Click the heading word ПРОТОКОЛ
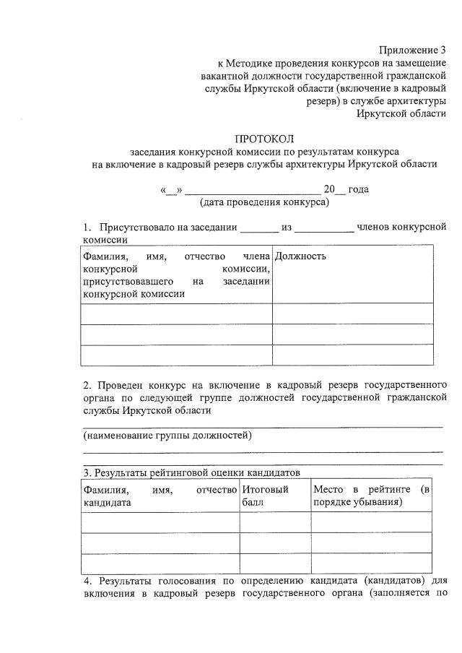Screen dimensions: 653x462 [264, 139]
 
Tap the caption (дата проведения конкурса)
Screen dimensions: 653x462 [264, 202]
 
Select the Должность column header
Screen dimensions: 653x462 [301, 256]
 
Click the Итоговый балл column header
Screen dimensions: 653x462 [266, 496]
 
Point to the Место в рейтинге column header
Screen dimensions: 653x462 [372, 496]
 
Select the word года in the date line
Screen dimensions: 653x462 [358, 189]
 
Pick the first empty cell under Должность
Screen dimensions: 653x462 [352, 313]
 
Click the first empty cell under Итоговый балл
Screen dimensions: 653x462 [275, 522]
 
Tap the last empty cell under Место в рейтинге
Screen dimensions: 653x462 [372, 563]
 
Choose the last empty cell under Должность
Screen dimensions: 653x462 [352, 356]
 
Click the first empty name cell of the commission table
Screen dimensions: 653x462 [176, 313]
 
